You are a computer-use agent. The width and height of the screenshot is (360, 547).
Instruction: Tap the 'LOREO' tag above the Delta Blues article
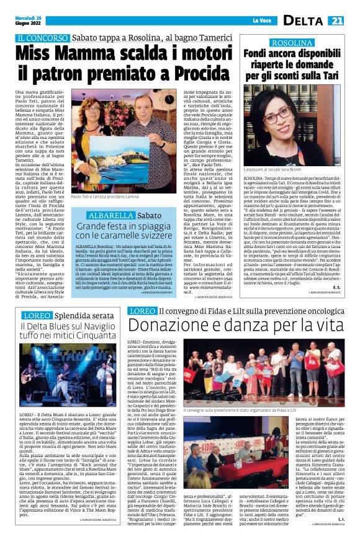tap(34, 316)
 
